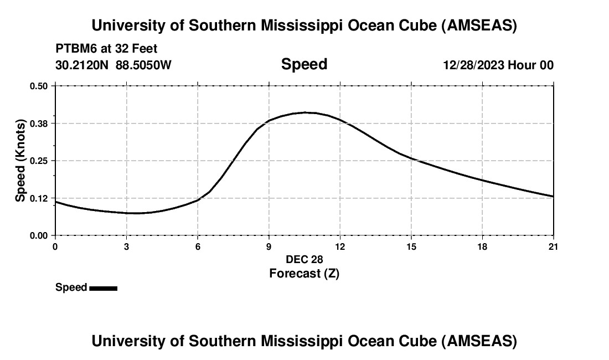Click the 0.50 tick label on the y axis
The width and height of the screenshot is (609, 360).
(x=39, y=86)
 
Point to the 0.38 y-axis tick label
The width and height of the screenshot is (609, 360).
(x=39, y=123)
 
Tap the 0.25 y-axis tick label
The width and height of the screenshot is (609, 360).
(x=39, y=161)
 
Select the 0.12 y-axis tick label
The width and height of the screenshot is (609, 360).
(x=39, y=198)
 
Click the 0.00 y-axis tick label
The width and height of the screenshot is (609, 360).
(x=39, y=235)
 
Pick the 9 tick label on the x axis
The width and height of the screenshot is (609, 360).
(x=269, y=246)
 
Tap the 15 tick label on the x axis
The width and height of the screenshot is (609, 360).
(x=411, y=246)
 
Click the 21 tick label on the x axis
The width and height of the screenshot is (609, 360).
(x=553, y=246)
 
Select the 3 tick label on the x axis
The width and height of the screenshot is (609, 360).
(x=126, y=246)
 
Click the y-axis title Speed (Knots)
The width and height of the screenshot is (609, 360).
(x=20, y=161)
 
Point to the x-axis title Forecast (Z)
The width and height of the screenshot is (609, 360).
(x=304, y=273)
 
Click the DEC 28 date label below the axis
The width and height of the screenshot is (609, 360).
(x=304, y=259)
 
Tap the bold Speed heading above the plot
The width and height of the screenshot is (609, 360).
(x=304, y=64)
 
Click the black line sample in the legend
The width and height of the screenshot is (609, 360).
(x=103, y=288)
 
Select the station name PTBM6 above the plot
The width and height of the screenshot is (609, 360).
(x=74, y=49)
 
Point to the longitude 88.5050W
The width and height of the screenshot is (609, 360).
(x=143, y=65)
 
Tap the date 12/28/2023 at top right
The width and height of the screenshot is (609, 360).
(x=473, y=65)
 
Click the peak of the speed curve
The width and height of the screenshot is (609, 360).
(x=305, y=112)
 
